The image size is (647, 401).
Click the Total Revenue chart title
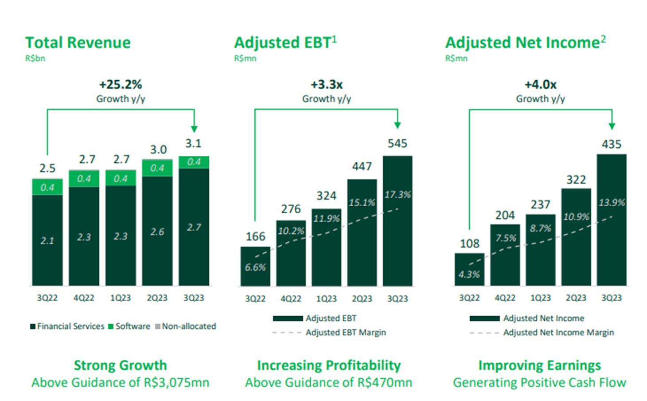78,43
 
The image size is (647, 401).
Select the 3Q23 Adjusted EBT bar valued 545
398,240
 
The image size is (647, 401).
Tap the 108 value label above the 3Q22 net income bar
469,244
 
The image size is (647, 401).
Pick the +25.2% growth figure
121,84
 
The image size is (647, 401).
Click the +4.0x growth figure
540,84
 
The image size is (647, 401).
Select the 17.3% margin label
398,194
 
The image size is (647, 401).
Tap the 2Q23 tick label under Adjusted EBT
362,299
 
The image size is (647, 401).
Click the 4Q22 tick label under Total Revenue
84,298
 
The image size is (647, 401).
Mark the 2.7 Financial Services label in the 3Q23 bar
194,227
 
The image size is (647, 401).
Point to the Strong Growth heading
120,365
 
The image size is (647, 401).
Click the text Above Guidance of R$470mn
328,382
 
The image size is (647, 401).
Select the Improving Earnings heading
539,365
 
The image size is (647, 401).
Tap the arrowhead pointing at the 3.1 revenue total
194,129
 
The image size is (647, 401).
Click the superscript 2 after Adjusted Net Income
603,39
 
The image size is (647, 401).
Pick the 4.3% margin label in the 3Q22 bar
469,274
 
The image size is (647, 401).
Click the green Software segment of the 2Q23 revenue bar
157,168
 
